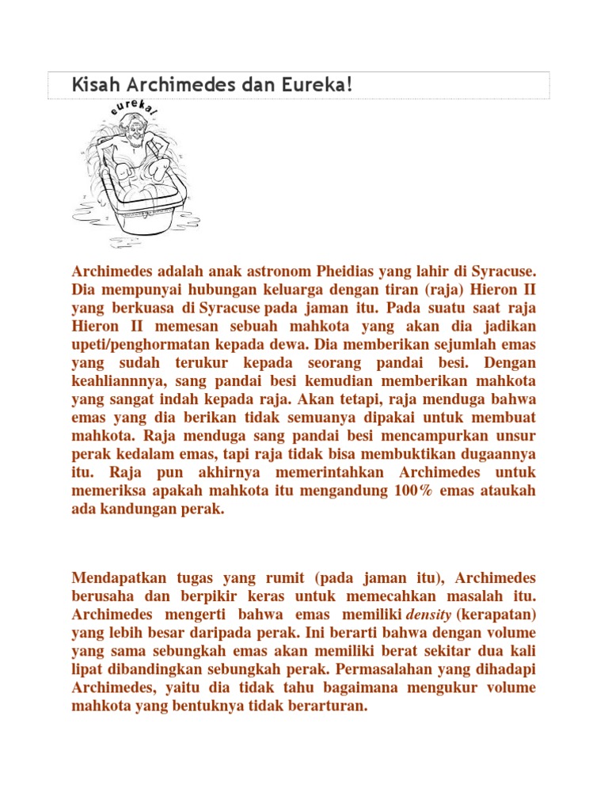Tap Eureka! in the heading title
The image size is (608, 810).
pos(321,85)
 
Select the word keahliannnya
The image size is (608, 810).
pos(117,380)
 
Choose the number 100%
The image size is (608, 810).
pos(412,490)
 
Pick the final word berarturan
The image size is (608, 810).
pos(327,706)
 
